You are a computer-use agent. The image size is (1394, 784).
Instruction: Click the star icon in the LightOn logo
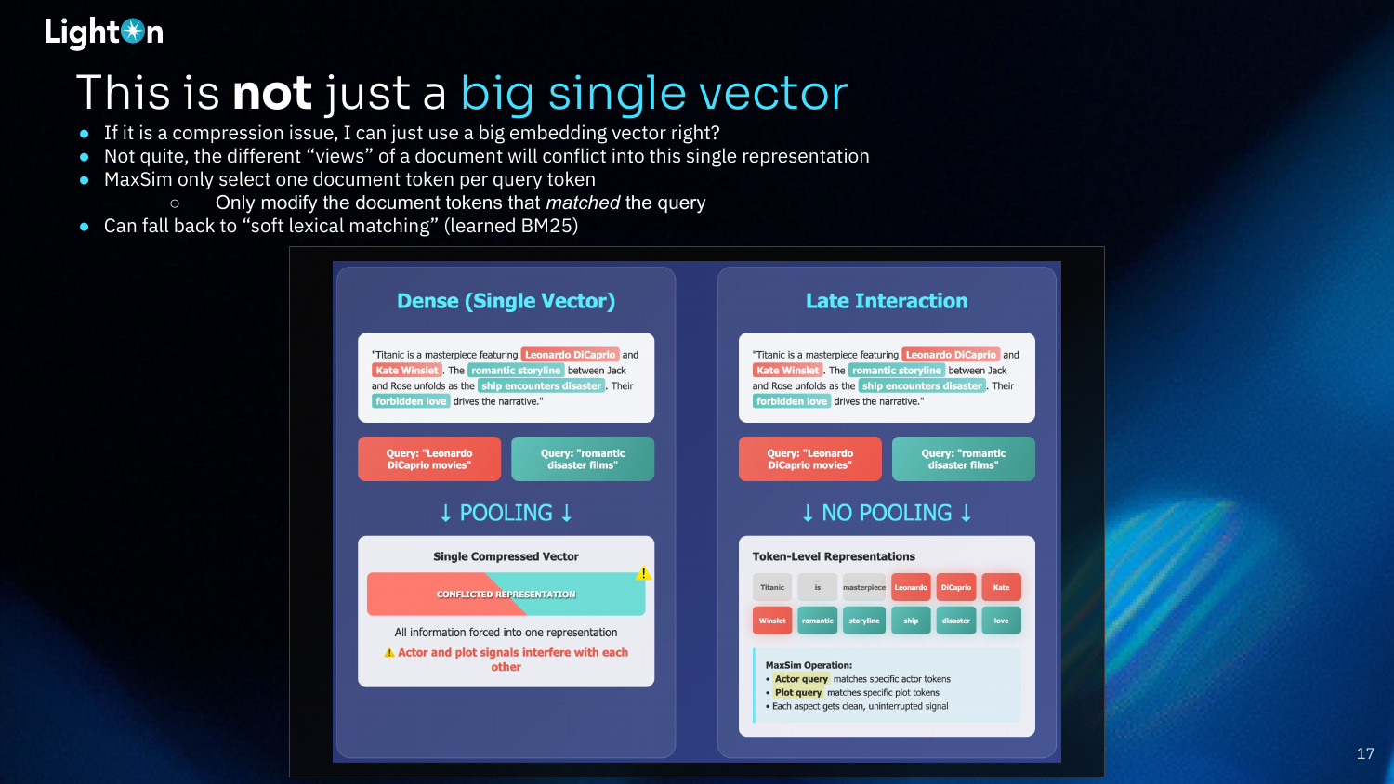tap(133, 31)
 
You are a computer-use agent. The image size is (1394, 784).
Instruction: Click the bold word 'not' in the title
tap(272, 93)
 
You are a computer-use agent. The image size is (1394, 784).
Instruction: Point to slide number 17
tap(1365, 753)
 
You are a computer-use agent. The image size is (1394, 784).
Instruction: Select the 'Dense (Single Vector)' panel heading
tap(506, 301)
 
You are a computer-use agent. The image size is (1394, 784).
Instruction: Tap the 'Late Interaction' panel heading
tap(887, 301)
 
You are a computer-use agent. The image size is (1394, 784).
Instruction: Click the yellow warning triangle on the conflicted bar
tap(643, 573)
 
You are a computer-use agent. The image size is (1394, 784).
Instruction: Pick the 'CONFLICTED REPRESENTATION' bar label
tap(506, 595)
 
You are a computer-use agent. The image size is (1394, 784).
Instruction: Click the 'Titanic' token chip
tap(772, 587)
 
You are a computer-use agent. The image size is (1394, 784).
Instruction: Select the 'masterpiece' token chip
tap(863, 587)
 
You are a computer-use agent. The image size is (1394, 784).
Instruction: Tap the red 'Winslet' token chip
tap(772, 621)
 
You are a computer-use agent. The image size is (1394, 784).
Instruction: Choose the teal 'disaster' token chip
tap(956, 621)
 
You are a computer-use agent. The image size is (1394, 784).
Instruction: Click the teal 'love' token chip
tap(1001, 621)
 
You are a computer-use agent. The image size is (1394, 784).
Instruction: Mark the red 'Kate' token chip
tap(1001, 587)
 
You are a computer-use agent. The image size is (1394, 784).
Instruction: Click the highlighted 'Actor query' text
tap(801, 679)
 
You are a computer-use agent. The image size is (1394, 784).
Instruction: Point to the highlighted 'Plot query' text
tap(797, 693)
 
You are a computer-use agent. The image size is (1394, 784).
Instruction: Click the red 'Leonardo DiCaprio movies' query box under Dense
tap(429, 459)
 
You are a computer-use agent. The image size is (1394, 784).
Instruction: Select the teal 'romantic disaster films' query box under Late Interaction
tap(964, 459)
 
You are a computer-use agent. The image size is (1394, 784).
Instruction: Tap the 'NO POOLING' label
tap(887, 513)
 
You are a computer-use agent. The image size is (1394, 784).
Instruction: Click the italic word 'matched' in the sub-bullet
tap(583, 203)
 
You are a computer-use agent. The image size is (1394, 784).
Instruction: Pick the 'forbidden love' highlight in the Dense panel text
tap(411, 401)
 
